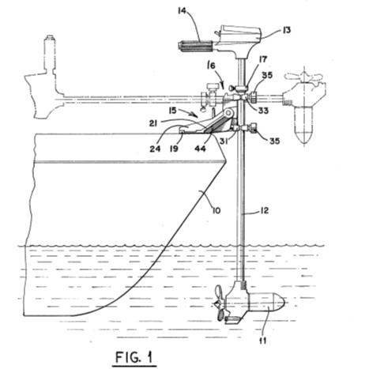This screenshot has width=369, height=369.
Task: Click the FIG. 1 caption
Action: pos(134,357)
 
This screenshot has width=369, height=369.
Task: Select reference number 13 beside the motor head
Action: pos(286,30)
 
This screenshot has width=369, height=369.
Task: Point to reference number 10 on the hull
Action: pos(217,211)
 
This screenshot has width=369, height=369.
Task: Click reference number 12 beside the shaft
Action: pos(264,210)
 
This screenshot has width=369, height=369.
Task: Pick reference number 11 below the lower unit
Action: pos(263,341)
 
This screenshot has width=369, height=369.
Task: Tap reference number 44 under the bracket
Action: pos(200,149)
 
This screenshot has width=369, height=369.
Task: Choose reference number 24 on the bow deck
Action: pos(155,149)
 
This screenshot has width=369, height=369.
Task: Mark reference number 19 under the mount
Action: pos(174,149)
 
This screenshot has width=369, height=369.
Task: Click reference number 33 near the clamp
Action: pos(263,111)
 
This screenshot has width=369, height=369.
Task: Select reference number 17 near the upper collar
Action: pos(263,59)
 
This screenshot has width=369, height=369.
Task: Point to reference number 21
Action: pos(153,123)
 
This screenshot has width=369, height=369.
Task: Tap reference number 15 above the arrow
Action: pos(172,111)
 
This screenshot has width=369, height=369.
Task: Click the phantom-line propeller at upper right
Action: pos(303,77)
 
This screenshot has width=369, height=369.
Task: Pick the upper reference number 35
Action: pos(267,75)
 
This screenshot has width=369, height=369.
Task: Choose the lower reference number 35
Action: pos(274,141)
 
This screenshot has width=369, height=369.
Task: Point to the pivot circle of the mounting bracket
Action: pos(228,113)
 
